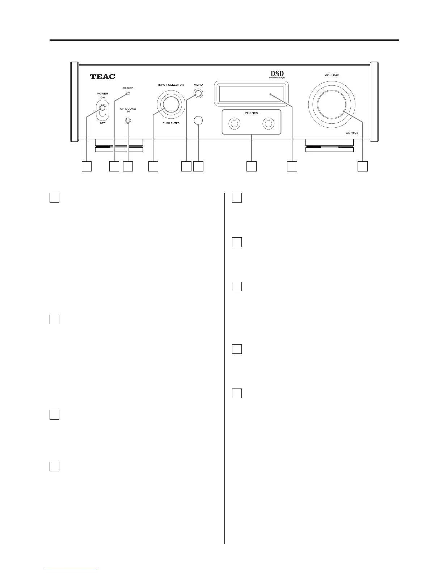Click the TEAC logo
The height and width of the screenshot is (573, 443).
click(102, 77)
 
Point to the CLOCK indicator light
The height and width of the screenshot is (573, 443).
click(128, 94)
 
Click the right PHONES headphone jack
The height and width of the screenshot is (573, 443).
click(268, 124)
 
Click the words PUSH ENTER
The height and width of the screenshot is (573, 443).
click(171, 123)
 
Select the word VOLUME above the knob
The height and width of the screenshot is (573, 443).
click(332, 76)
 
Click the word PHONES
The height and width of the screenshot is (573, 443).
click(251, 113)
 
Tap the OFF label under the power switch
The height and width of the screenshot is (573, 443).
click(102, 123)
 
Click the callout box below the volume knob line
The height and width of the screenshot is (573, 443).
click(363, 166)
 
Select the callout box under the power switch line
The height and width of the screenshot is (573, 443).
click(86, 166)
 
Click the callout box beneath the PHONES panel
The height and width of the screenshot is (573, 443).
click(251, 166)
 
